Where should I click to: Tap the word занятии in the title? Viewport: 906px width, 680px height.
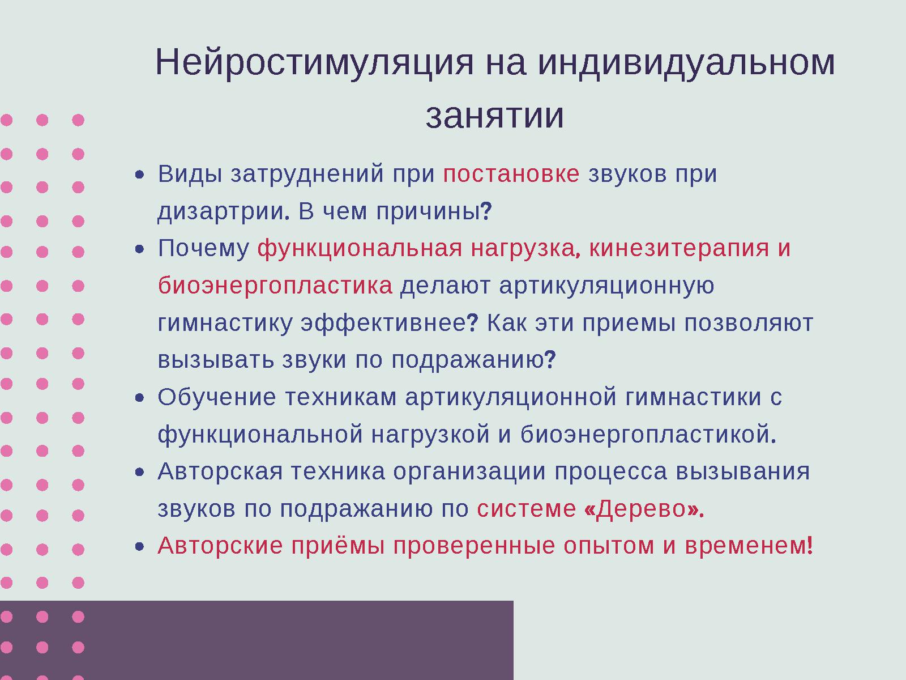pyautogui.click(x=494, y=116)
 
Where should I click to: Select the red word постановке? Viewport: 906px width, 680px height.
pyautogui.click(x=511, y=174)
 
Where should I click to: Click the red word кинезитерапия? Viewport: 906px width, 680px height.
pyautogui.click(x=679, y=249)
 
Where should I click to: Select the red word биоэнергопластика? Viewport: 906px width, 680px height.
pyautogui.click(x=275, y=286)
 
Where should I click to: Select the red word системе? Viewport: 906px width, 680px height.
pyautogui.click(x=526, y=509)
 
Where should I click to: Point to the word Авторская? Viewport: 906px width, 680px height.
pyautogui.click(x=220, y=471)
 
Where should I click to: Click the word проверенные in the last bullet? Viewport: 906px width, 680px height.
pyautogui.click(x=474, y=546)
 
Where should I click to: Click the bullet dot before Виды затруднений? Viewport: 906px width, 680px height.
pyautogui.click(x=141, y=175)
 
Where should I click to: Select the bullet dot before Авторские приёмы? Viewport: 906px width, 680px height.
pyautogui.click(x=141, y=547)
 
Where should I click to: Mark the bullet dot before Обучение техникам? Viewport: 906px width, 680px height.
pyautogui.click(x=141, y=398)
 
